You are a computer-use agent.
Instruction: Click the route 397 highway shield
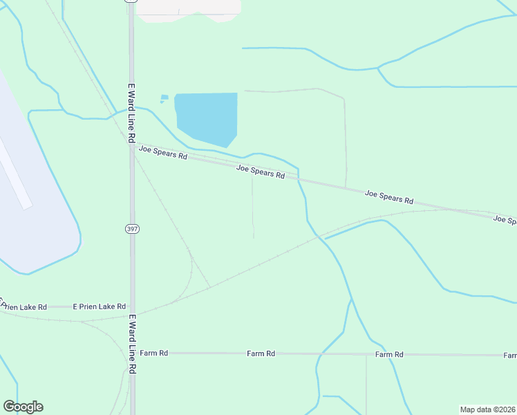point(132,228)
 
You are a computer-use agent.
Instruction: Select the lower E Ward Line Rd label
point(131,344)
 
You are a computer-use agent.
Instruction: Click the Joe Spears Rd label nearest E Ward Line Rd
point(163,152)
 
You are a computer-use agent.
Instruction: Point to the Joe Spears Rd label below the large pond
point(261,172)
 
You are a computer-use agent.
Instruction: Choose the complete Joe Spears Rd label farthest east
point(389,197)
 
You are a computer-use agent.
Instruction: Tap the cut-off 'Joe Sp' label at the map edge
point(505,220)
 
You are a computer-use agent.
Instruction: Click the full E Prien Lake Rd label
point(100,306)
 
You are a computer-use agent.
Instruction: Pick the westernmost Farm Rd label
point(153,353)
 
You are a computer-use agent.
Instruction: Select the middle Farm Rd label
point(261,353)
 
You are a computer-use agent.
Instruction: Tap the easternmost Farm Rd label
point(389,354)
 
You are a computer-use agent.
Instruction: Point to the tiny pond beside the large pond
point(164,98)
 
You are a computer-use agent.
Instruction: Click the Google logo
point(23,407)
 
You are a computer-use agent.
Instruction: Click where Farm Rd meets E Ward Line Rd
point(132,353)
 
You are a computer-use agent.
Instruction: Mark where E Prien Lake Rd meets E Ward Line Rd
point(132,306)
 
